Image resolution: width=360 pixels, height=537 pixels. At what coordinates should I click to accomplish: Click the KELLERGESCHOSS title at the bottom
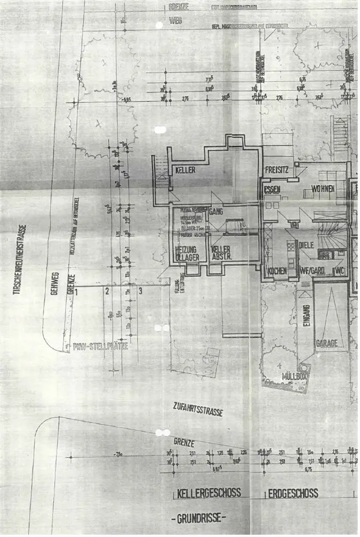(209, 493)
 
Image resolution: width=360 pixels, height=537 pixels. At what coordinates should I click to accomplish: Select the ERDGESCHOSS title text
(293, 493)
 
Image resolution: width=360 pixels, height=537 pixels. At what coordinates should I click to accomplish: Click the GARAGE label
(327, 344)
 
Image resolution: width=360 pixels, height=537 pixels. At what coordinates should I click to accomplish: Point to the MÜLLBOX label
(294, 377)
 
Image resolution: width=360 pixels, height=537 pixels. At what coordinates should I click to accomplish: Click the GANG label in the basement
(217, 212)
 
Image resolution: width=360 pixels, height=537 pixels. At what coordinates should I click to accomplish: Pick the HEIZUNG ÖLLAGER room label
(187, 253)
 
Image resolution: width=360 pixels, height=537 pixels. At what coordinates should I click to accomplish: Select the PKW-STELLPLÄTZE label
(100, 347)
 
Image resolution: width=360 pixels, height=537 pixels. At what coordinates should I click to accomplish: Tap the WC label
(339, 271)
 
